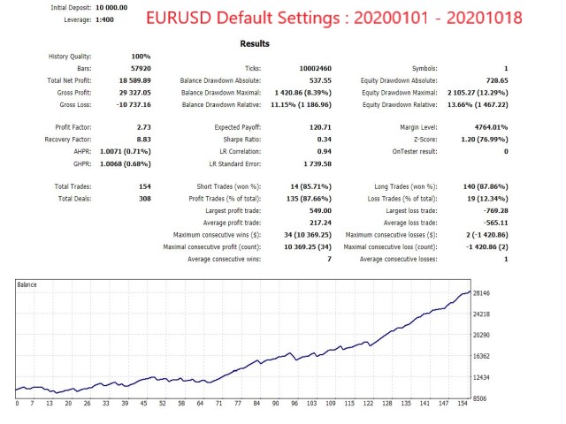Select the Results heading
pos(256,43)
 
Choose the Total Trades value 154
pos(141,186)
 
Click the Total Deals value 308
pos(141,199)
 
